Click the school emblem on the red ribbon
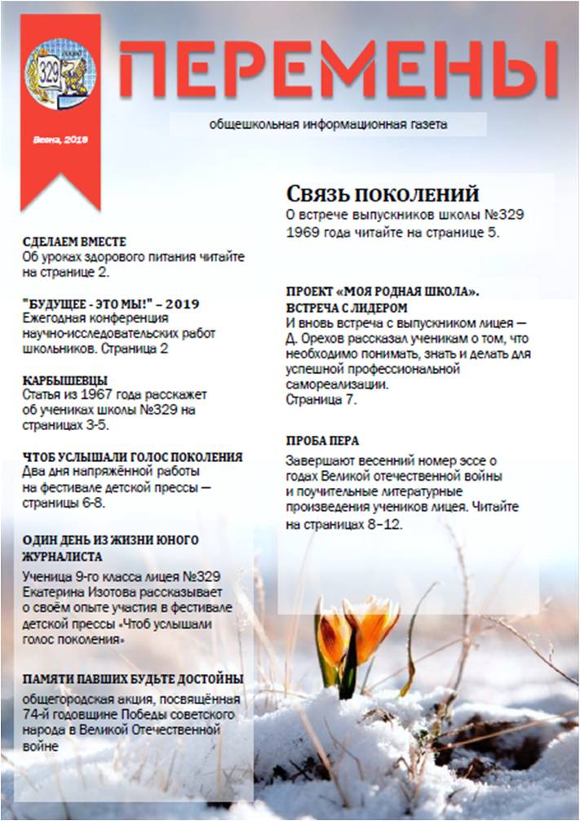[60, 74]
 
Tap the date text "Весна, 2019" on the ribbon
[60, 140]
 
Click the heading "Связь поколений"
[382, 195]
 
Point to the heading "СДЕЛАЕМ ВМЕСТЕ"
[75, 242]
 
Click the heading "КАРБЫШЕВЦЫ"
[65, 380]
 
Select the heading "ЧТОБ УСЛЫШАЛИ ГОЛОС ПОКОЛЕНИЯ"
[133, 457]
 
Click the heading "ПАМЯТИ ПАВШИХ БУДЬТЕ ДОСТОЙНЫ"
[133, 679]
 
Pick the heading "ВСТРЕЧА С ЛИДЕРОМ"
[345, 308]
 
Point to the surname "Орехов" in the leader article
[321, 339]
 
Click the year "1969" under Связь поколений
[303, 232]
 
